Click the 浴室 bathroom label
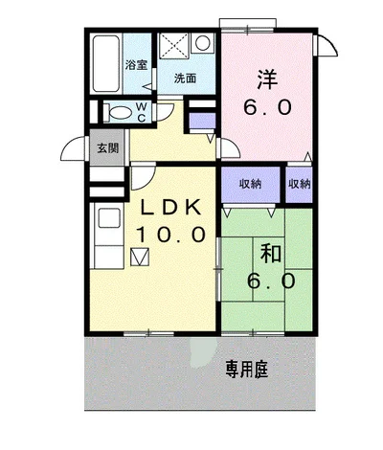(136, 65)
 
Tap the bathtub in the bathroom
(106, 63)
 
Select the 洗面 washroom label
(185, 79)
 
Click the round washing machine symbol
(203, 43)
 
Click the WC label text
(142, 112)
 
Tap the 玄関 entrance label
(108, 148)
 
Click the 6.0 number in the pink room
(267, 107)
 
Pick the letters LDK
(170, 208)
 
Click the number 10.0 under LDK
(170, 235)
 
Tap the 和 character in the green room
(271, 253)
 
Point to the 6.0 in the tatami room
(271, 281)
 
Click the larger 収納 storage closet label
(251, 184)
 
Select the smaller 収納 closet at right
(300, 184)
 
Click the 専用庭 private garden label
(247, 370)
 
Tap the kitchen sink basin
(109, 218)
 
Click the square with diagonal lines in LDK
(140, 257)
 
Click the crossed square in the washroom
(174, 45)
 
